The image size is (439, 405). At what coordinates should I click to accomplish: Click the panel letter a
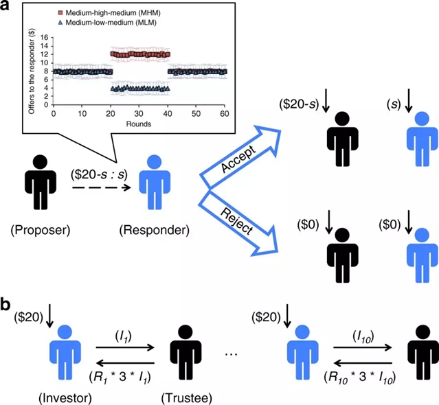click(9, 8)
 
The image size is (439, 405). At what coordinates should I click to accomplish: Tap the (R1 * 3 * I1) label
click(124, 376)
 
